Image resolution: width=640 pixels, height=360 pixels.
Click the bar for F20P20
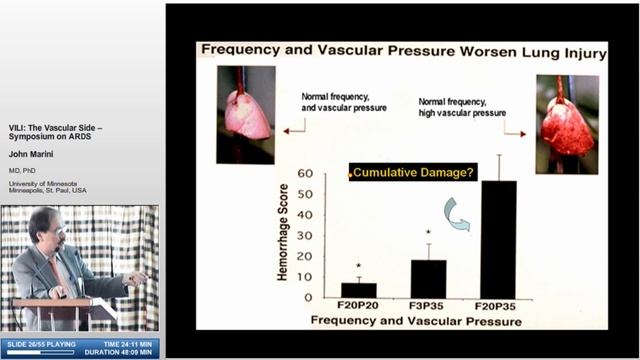358,291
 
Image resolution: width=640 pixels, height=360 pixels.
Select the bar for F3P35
428,279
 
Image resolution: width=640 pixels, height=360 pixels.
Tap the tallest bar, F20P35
498,240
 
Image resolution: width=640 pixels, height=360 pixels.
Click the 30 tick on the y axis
305,235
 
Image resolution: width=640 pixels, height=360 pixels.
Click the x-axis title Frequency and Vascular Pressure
416,321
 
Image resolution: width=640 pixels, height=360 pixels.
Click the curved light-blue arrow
458,214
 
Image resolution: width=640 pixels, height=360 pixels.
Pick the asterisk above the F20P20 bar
358,267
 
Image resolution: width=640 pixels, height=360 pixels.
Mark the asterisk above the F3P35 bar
428,234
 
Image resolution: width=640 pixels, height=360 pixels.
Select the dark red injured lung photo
566,123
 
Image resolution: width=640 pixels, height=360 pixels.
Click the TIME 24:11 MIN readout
127,343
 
